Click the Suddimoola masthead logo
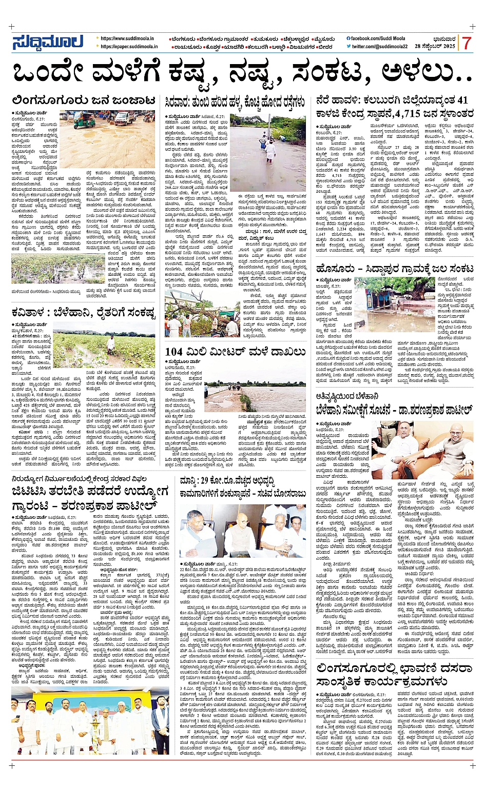point(47,43)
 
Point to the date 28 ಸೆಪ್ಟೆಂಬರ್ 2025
point(435,47)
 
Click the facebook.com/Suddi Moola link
point(378,38)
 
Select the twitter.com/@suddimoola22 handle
point(379,47)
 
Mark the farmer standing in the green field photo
point(111,342)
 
